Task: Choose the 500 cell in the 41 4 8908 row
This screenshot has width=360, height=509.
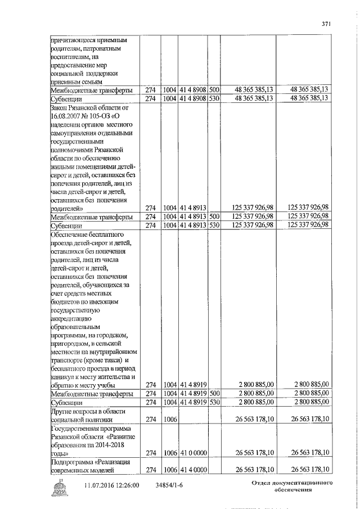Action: pyautogui.click(x=214, y=89)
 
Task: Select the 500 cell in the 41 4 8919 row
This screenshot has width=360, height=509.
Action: pyautogui.click(x=214, y=394)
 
